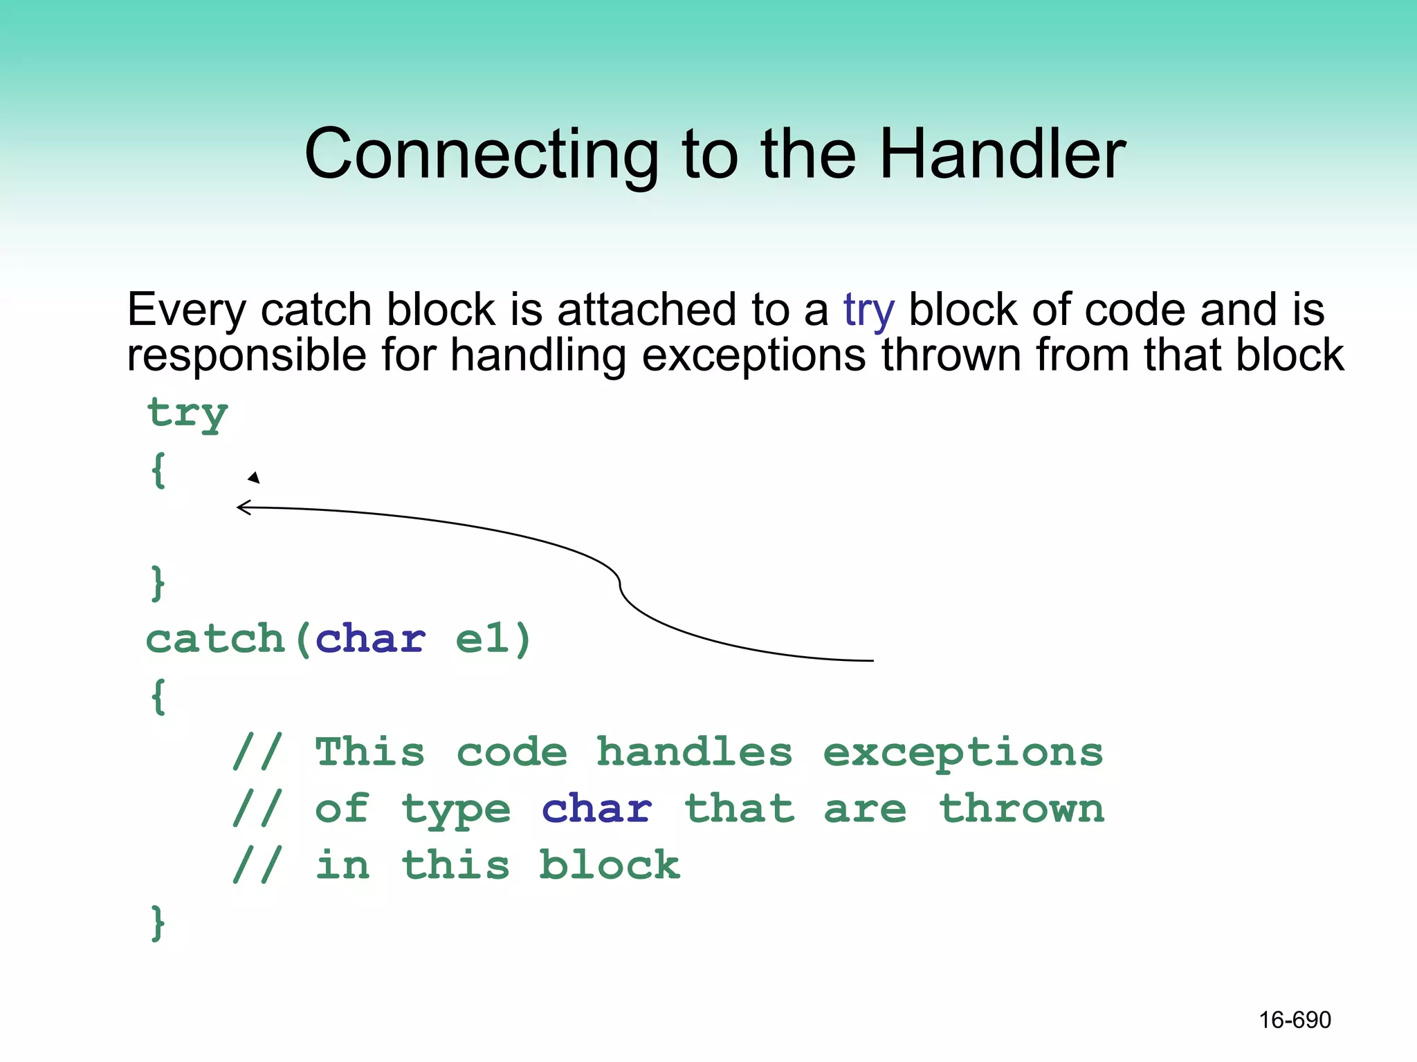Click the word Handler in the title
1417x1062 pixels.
coord(1002,153)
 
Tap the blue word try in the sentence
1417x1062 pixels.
coord(869,310)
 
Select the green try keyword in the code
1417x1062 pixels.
coord(187,413)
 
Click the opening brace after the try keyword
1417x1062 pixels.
coord(158,470)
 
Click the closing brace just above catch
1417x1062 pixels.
coord(158,583)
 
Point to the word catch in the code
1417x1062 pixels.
coord(215,638)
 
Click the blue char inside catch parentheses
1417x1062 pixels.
coord(370,638)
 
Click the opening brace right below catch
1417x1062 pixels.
coord(158,696)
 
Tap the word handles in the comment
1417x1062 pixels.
coord(694,752)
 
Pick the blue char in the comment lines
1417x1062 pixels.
coord(596,809)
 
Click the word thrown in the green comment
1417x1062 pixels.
coord(1021,809)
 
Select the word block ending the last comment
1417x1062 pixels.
coord(610,865)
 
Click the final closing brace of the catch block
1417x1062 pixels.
coord(158,922)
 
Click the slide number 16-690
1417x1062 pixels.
coord(1295,1020)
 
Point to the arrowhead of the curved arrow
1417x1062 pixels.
coord(240,508)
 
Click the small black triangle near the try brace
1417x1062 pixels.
coord(254,477)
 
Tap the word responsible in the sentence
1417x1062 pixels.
coord(246,355)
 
